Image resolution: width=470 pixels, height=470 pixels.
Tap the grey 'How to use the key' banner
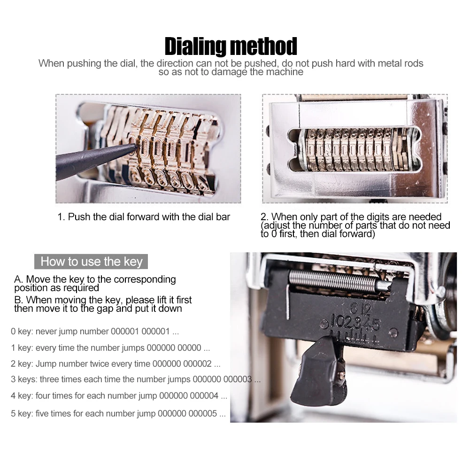[91, 262]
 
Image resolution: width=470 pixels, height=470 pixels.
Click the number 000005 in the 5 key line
[202, 414]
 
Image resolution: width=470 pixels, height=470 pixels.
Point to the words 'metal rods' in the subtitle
[401, 63]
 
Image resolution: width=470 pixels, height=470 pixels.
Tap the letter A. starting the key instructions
[19, 280]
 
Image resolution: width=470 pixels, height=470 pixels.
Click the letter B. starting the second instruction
[19, 300]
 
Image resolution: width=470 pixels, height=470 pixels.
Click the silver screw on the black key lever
[341, 374]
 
